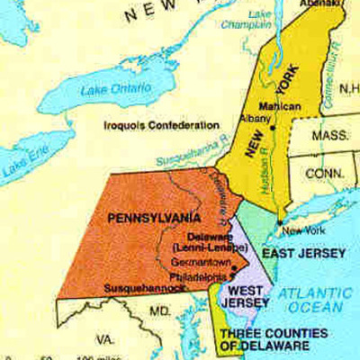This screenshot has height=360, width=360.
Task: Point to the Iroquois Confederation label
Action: coord(162,125)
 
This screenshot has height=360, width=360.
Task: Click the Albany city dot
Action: coord(271,130)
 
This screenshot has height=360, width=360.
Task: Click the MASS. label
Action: coord(330,136)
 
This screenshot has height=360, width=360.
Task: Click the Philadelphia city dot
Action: coord(234,268)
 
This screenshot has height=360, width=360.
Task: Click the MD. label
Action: coord(160,311)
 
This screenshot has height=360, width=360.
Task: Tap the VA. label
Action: coord(105,340)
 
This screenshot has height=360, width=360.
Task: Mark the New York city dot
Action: coord(281,222)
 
